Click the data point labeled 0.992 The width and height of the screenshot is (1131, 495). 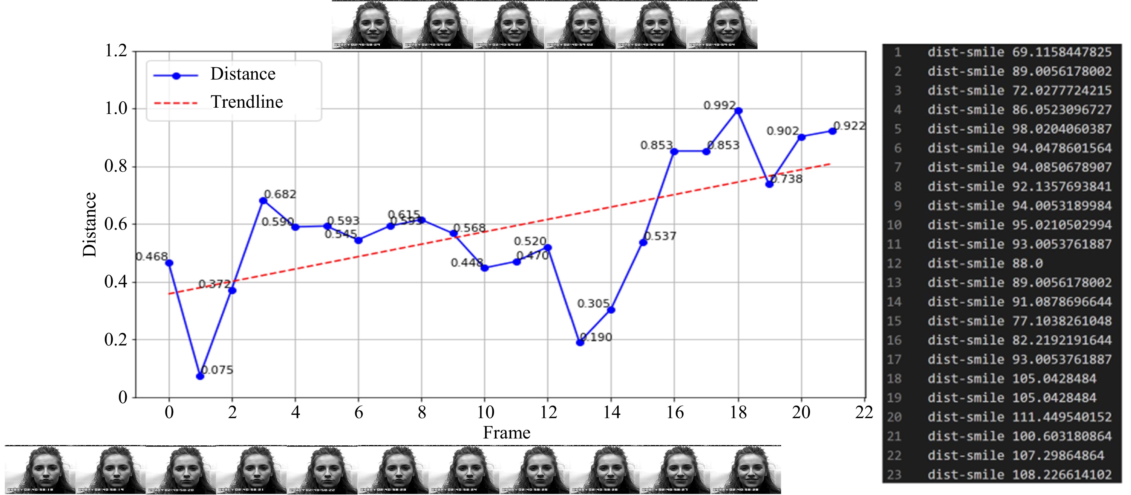click(x=738, y=111)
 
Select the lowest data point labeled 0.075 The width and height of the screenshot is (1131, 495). click(x=200, y=376)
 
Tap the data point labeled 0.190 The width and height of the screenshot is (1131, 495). click(x=580, y=342)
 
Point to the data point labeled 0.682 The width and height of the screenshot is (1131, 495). click(x=263, y=201)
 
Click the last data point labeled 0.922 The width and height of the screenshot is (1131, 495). click(x=832, y=131)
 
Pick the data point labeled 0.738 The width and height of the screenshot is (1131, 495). click(x=769, y=184)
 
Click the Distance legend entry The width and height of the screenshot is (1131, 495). click(x=242, y=74)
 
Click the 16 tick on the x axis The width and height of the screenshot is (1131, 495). click(x=675, y=412)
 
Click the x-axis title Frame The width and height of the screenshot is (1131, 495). click(x=507, y=433)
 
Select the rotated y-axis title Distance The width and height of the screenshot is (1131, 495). click(x=89, y=224)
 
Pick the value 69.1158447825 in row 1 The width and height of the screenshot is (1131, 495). click(x=1062, y=52)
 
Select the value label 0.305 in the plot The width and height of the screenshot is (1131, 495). click(x=593, y=304)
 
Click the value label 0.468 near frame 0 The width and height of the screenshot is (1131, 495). click(x=151, y=256)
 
